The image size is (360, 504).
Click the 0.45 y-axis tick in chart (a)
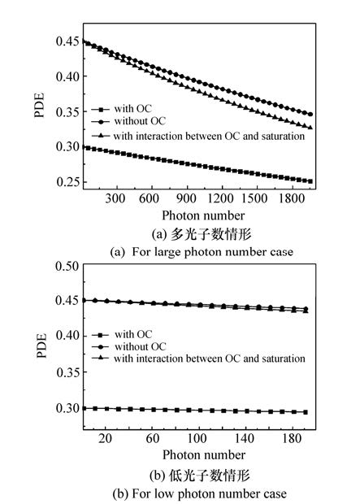coord(67,41)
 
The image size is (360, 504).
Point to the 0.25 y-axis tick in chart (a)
coord(67,182)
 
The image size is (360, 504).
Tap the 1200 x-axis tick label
coord(220,198)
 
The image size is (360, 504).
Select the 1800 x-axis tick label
coord(292,198)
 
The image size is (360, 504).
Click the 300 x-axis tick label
coord(115,198)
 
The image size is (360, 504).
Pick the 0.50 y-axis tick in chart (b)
coord(67,266)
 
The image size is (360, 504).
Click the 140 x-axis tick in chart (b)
coord(244,438)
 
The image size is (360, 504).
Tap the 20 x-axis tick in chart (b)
coord(105,438)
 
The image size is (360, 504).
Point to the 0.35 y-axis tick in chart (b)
coord(67,372)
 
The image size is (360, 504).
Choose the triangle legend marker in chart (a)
coord(101,136)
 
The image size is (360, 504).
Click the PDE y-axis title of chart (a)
coord(39,106)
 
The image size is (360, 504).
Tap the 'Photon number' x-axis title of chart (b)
coord(204,455)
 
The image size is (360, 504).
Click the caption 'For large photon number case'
coord(212,252)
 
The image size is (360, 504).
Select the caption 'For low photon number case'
coord(209,493)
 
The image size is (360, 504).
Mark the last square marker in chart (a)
coord(310,181)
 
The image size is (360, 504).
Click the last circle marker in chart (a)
coord(310,114)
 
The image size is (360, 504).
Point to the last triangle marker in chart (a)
coord(310,128)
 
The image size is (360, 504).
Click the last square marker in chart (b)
coord(306,412)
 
